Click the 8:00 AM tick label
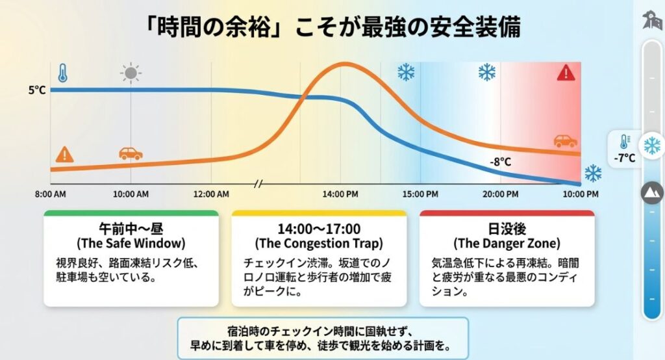point(50,194)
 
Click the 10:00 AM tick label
point(131,194)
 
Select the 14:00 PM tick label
point(341,194)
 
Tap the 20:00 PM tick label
point(500,194)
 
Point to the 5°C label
point(36,90)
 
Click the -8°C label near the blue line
point(500,162)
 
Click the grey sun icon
point(131,73)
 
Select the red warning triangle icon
point(566,73)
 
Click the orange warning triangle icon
point(64,155)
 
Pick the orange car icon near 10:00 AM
point(131,154)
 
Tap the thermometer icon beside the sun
point(62,72)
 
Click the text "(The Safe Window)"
point(131,244)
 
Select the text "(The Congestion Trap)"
point(318,244)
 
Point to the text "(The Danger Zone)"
point(507,244)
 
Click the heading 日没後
point(507,229)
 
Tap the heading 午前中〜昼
point(131,229)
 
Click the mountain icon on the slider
point(651,192)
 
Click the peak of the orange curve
point(342,64)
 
